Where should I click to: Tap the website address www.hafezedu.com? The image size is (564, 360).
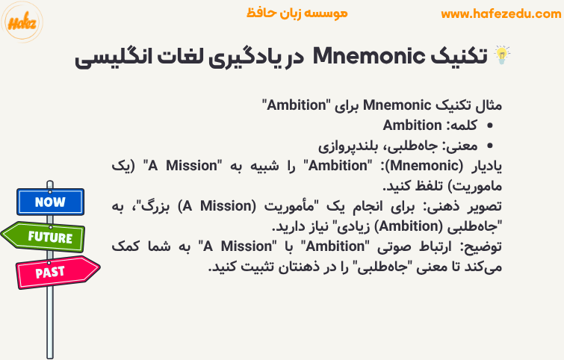pyautogui.click(x=501, y=13)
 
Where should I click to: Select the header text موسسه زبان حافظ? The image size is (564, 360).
pyautogui.click(x=297, y=13)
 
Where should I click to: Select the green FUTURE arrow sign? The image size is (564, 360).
pyautogui.click(x=46, y=238)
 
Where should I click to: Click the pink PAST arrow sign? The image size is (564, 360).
pyautogui.click(x=55, y=271)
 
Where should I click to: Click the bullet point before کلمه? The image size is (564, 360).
pyautogui.click(x=491, y=126)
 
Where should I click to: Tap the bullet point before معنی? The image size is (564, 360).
pyautogui.click(x=491, y=146)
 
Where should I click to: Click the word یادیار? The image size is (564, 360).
pyautogui.click(x=482, y=166)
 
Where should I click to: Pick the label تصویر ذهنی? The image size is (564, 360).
pyautogui.click(x=465, y=205)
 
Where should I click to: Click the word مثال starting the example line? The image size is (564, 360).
pyautogui.click(x=486, y=106)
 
